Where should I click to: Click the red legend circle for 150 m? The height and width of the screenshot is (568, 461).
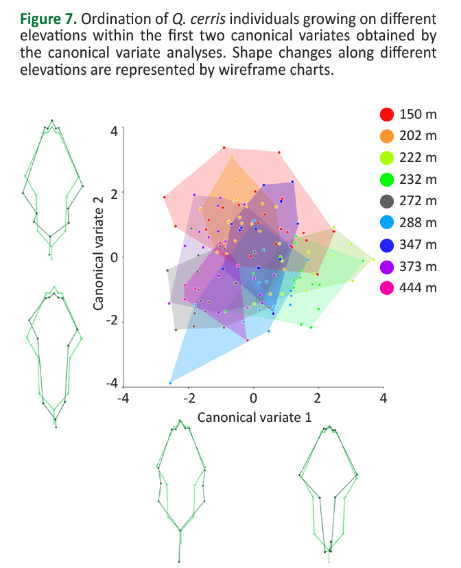click(x=387, y=115)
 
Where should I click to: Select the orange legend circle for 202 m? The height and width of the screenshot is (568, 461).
click(x=387, y=137)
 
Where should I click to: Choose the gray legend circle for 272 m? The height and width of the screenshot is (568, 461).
click(x=387, y=201)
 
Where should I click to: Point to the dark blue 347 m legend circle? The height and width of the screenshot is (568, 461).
click(x=387, y=244)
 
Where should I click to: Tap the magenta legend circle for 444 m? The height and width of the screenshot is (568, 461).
click(x=387, y=287)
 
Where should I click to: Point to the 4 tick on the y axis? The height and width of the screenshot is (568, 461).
click(x=114, y=129)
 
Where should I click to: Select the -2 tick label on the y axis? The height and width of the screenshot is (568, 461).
click(x=111, y=322)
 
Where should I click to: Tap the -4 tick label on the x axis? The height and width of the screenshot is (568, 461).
click(x=123, y=399)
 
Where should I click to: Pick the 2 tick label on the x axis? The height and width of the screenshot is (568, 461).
click(x=318, y=399)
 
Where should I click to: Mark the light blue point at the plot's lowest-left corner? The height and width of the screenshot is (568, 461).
click(x=171, y=382)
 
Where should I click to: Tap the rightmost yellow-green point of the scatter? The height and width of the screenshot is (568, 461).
click(x=373, y=260)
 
